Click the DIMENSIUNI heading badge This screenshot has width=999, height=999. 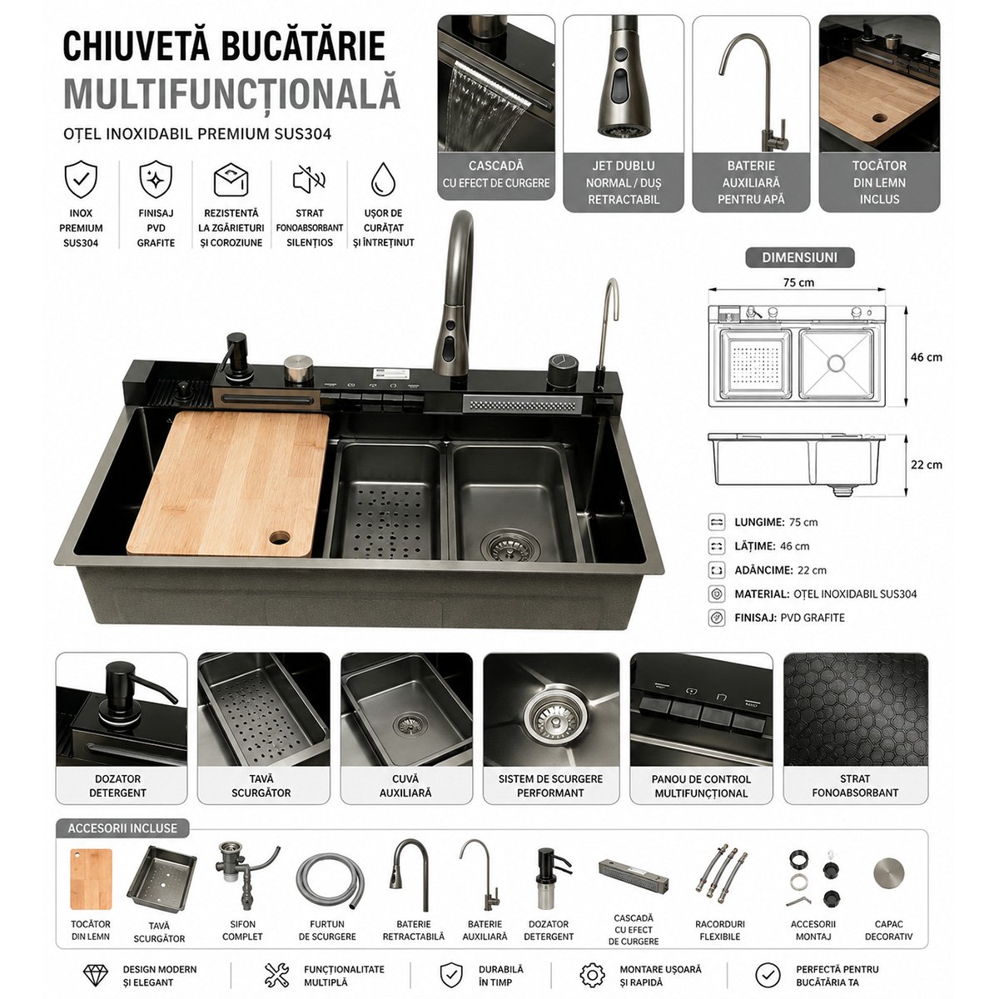tap(799, 257)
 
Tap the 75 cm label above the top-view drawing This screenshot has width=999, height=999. tap(798, 282)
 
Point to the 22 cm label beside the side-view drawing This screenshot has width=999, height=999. tap(927, 465)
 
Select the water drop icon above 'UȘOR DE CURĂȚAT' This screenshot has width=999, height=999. tap(383, 179)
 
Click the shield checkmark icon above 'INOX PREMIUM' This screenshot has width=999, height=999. tap(81, 179)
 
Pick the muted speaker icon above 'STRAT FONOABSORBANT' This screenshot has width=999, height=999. tap(310, 179)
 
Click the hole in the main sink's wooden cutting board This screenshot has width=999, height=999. tap(280, 537)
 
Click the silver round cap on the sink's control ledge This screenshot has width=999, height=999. tap(299, 369)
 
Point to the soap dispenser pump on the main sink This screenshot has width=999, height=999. tap(237, 359)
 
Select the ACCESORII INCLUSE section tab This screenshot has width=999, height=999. tap(122, 828)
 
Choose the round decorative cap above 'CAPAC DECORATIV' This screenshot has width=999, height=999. tap(888, 873)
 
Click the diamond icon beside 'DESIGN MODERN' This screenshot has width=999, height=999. tap(96, 975)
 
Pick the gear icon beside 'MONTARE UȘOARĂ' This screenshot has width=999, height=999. tap(593, 975)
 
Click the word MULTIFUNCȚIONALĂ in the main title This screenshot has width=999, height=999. tap(231, 94)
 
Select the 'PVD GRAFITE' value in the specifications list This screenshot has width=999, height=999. tap(813, 618)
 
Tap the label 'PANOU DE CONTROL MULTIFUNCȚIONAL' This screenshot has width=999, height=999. tap(701, 786)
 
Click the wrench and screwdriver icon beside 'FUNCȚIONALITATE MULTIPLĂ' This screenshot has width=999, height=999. tap(276, 975)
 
